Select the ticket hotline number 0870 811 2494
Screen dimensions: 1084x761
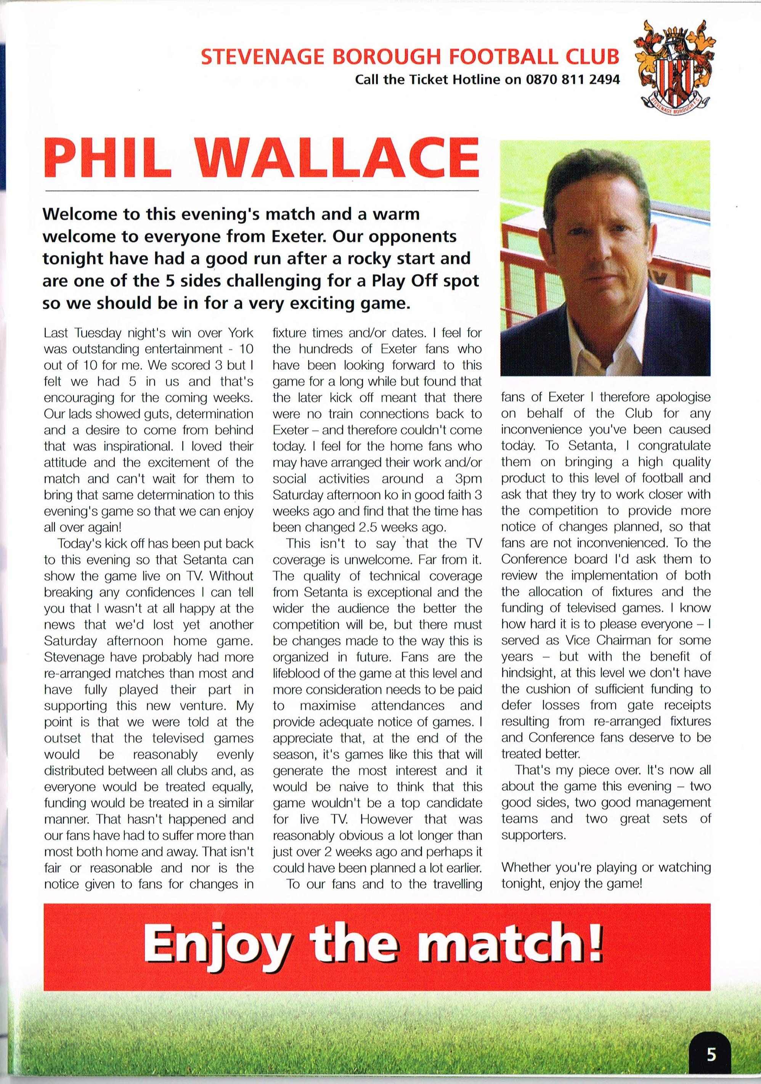[573, 80]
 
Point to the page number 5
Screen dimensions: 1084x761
[711, 1055]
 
